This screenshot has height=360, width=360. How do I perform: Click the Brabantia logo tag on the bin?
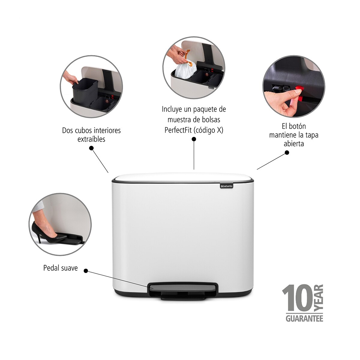pos(226,186)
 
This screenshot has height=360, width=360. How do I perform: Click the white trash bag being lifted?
pos(185,69)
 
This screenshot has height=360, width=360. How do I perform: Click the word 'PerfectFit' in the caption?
pos(178,130)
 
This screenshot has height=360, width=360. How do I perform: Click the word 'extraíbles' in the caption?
pos(91,139)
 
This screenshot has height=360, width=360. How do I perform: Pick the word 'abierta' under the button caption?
pos(294,144)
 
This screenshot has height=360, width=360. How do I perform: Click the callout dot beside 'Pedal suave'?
pos(86,271)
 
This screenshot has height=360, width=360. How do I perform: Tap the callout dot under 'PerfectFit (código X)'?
pos(194,139)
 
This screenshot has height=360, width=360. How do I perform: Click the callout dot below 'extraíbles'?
pos(91,148)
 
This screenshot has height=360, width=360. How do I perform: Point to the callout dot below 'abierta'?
pos(287,153)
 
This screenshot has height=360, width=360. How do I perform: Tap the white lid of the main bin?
pos(183,177)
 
